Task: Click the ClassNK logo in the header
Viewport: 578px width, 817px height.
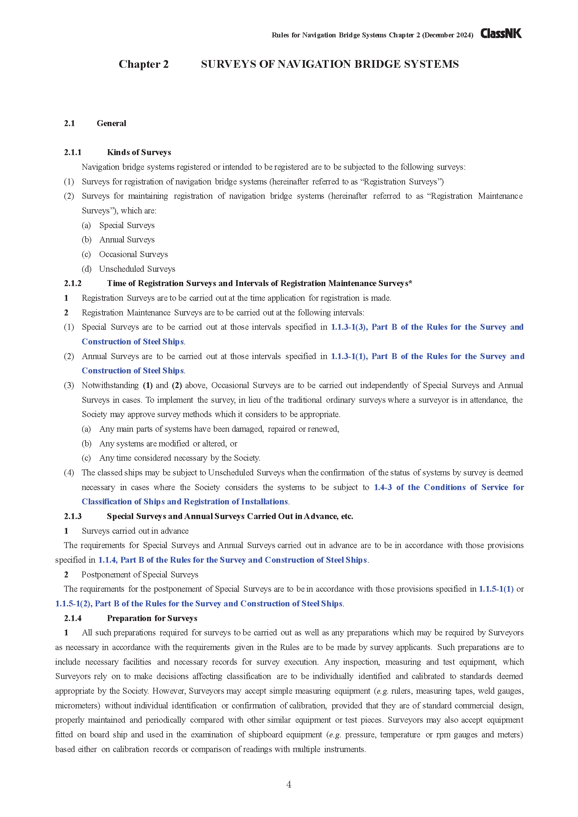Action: pos(501,34)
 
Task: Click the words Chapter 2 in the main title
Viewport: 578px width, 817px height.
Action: pos(143,64)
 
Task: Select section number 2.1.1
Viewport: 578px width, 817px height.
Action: pos(73,152)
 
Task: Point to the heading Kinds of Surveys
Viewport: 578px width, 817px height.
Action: pos(139,152)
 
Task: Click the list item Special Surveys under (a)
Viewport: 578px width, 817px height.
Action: pos(127,225)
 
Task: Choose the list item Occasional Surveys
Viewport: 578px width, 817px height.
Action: pos(133,254)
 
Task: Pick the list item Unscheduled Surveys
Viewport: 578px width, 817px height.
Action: pos(137,269)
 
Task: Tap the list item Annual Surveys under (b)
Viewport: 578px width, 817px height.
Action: pos(127,240)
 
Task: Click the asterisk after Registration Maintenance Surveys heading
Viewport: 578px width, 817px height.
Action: pos(410,283)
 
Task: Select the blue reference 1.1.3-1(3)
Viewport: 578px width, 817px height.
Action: pos(349,327)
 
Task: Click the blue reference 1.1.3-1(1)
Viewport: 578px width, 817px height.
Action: pos(349,356)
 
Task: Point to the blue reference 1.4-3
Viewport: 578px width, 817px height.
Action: pos(383,487)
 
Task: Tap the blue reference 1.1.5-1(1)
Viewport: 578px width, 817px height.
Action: pos(496,589)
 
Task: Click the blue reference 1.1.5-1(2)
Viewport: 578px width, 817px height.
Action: pos(74,604)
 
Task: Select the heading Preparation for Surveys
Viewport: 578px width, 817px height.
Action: pos(152,618)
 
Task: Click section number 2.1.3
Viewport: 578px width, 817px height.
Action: pos(73,516)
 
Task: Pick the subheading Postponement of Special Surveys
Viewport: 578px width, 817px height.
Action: pos(140,575)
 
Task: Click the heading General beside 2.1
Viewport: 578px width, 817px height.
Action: pos(111,123)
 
